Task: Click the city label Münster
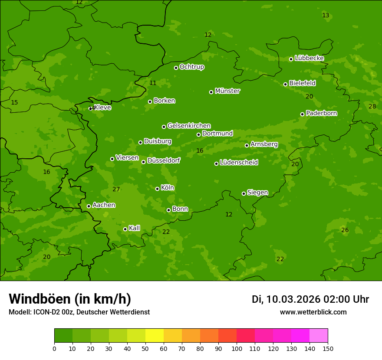227,91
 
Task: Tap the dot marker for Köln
157,189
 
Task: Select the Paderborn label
322,113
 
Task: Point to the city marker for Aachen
89,206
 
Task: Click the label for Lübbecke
310,58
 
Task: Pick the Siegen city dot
244,193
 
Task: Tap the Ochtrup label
192,67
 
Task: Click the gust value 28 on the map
372,106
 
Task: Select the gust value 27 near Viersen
116,189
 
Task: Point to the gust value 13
326,16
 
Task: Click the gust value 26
345,230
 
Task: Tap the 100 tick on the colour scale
237,348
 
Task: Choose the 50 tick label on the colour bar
145,348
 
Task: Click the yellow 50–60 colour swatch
155,336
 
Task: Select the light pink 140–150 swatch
319,336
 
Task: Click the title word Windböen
40,299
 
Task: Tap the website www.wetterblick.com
313,312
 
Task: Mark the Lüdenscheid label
239,163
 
